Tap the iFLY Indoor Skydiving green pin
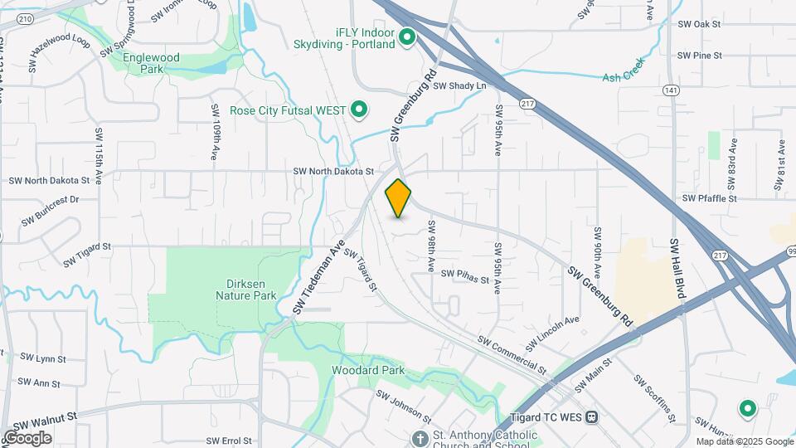pos(407,37)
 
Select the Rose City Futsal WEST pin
pos(359,110)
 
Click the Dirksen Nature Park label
pos(245,289)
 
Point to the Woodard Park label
pos(368,370)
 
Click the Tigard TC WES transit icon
pos(591,416)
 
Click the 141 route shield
pos(670,90)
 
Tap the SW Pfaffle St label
pos(709,198)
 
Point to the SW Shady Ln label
pos(459,85)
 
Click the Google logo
pos(27,438)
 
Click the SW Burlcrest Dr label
pos(50,211)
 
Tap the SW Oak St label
pos(699,24)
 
